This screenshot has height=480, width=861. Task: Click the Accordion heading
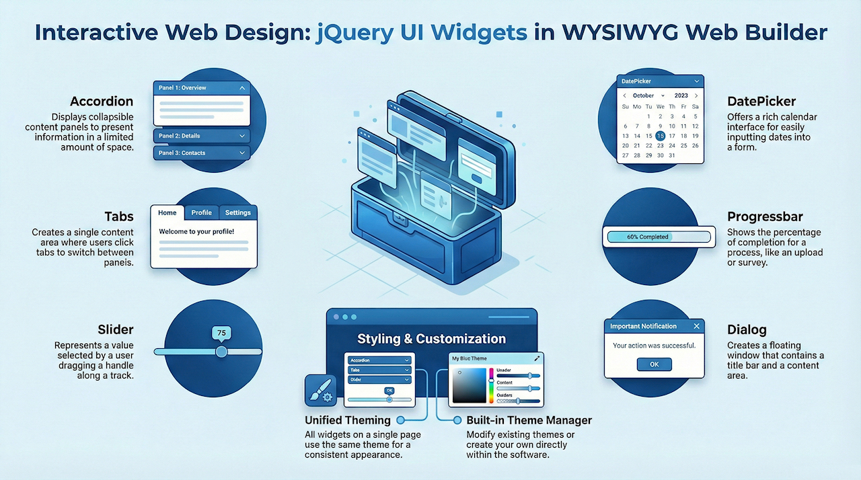tap(102, 102)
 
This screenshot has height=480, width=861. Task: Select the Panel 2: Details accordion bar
tap(201, 136)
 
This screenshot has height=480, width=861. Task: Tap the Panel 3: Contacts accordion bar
tap(201, 153)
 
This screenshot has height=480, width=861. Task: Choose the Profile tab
tap(201, 212)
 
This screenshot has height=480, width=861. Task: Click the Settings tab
tap(237, 212)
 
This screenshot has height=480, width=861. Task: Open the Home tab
tap(167, 212)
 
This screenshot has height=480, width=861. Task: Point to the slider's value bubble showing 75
tap(221, 332)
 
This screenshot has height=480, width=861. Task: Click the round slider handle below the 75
tap(221, 352)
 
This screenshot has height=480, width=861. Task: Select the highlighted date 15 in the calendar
tap(660, 136)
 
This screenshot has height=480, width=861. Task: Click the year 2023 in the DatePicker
tap(681, 95)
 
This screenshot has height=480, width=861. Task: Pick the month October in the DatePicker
tap(644, 95)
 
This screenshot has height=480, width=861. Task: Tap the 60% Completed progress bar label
tap(647, 237)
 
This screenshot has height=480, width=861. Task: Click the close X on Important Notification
tap(696, 326)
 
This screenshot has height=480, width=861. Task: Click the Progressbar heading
tap(765, 217)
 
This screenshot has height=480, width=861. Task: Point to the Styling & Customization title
tap(431, 339)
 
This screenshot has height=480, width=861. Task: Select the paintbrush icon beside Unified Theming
tap(320, 390)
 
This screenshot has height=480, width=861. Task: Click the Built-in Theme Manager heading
tap(529, 420)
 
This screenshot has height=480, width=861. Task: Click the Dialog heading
tap(747, 330)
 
